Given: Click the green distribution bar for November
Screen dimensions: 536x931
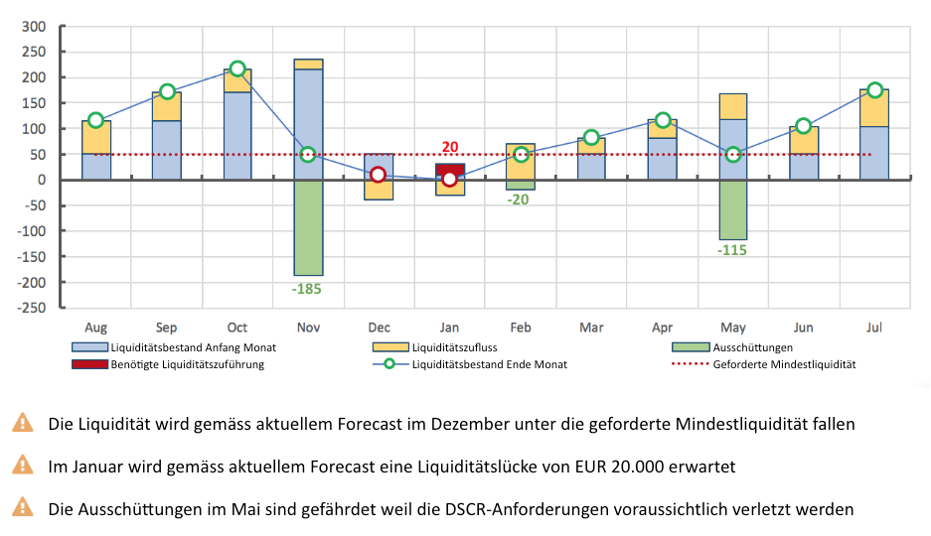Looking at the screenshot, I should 308,227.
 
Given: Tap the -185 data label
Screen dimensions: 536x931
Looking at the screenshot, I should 308,290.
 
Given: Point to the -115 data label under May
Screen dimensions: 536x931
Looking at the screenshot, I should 732,250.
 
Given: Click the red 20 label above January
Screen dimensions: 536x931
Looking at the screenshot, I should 450,147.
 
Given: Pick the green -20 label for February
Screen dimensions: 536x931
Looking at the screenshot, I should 518,200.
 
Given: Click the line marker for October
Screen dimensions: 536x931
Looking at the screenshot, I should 237,69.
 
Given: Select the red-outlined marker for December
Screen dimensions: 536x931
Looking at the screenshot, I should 379,175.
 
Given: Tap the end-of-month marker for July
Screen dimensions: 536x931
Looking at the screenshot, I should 874,90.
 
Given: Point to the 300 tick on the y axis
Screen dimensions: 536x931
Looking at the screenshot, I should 34,26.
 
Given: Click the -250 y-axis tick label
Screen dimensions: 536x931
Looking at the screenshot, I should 30,308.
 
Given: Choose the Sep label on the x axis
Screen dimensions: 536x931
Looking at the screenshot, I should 167,328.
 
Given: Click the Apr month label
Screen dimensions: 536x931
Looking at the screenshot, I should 662,328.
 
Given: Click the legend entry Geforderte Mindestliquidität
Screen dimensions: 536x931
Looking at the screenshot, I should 784,364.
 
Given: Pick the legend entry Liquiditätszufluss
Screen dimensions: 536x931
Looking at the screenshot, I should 456,347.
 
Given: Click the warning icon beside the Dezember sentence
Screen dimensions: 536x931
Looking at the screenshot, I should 22,423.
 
